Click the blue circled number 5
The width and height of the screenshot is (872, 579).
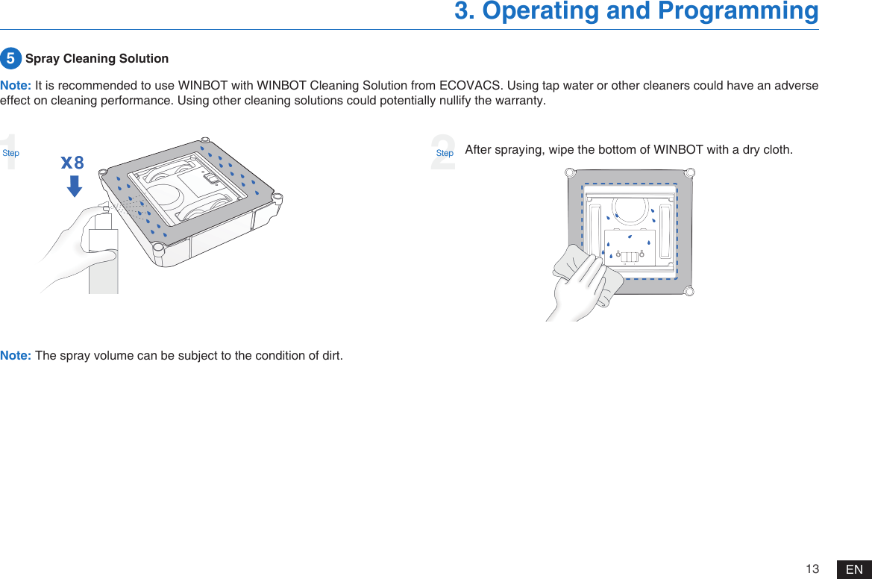10,58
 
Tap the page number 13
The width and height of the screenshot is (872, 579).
812,569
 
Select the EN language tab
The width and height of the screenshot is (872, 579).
854,569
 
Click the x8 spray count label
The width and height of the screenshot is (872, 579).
72,163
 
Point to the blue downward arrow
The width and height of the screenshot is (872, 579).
75,185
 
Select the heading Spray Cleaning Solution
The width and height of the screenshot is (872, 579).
97,58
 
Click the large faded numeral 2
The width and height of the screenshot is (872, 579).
443,152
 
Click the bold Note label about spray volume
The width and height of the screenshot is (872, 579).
16,354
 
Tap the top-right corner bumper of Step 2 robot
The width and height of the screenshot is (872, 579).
691,174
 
